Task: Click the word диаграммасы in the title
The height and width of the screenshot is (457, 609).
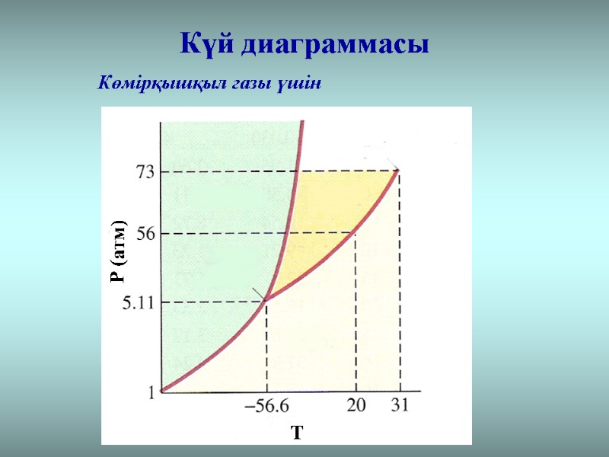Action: pos(335,43)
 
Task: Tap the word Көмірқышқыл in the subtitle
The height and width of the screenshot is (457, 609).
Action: pos(147,82)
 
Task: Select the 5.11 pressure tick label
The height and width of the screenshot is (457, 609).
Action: pos(139,303)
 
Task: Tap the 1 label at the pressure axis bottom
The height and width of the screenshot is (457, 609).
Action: pos(151,393)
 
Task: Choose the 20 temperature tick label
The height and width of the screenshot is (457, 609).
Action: pos(356,406)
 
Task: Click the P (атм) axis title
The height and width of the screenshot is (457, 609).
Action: pos(118,251)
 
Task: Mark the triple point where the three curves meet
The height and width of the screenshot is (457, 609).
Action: pos(266,302)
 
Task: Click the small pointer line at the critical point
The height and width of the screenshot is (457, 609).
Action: pos(391,163)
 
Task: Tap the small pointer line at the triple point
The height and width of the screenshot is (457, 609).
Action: pos(259,294)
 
